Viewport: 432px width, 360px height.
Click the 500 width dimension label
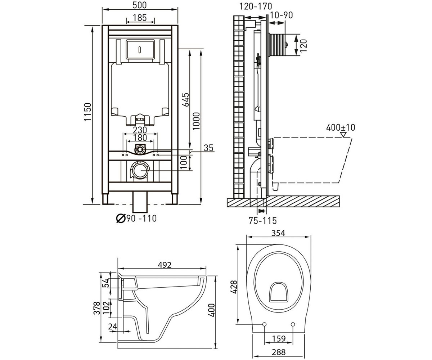click(x=139, y=5)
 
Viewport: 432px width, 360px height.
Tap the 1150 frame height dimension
click(x=87, y=112)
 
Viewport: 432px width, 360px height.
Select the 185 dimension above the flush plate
click(x=140, y=18)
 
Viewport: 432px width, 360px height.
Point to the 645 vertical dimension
click(x=186, y=100)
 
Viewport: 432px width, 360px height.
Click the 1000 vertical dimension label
click(x=196, y=121)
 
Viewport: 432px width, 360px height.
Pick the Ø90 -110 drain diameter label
click(x=136, y=218)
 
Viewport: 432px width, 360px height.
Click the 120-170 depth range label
click(x=256, y=6)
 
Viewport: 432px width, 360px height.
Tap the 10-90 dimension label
click(x=282, y=15)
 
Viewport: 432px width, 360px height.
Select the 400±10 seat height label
click(x=341, y=127)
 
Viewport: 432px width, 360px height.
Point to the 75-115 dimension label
click(x=262, y=221)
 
